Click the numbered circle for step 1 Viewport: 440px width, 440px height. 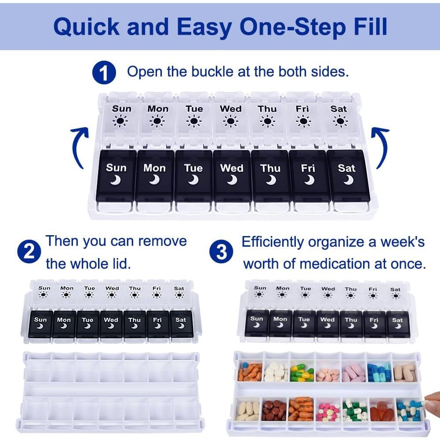(x=104, y=73)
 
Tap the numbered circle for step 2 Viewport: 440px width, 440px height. (x=29, y=252)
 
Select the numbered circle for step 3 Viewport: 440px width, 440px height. (x=222, y=252)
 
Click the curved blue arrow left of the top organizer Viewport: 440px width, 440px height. (x=79, y=147)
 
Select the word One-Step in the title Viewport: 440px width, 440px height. (x=287, y=27)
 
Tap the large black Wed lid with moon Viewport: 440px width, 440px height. (x=232, y=175)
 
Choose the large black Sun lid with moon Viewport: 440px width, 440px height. (x=116, y=175)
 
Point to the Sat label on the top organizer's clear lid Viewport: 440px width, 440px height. (x=338, y=109)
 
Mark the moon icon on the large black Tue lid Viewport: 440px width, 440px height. (x=193, y=179)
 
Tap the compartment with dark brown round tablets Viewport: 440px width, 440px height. (x=274, y=410)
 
